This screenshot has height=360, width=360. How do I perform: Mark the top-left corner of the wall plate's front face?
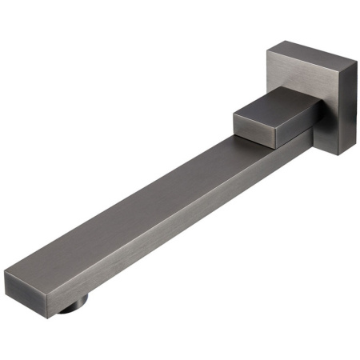point(266,53)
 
